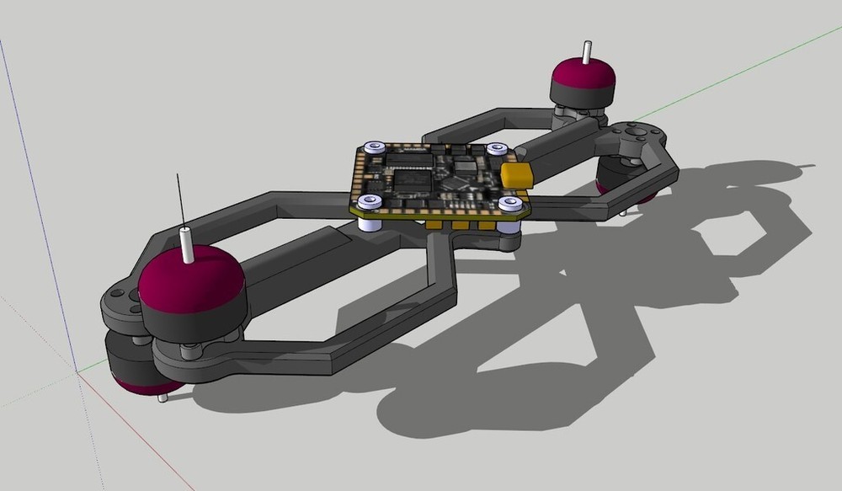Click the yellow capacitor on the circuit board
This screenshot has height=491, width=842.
tap(519, 176)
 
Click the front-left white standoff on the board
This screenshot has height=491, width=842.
tap(368, 202)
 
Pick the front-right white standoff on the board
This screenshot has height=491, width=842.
tap(507, 205)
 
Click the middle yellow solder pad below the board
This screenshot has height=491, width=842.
tap(461, 227)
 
